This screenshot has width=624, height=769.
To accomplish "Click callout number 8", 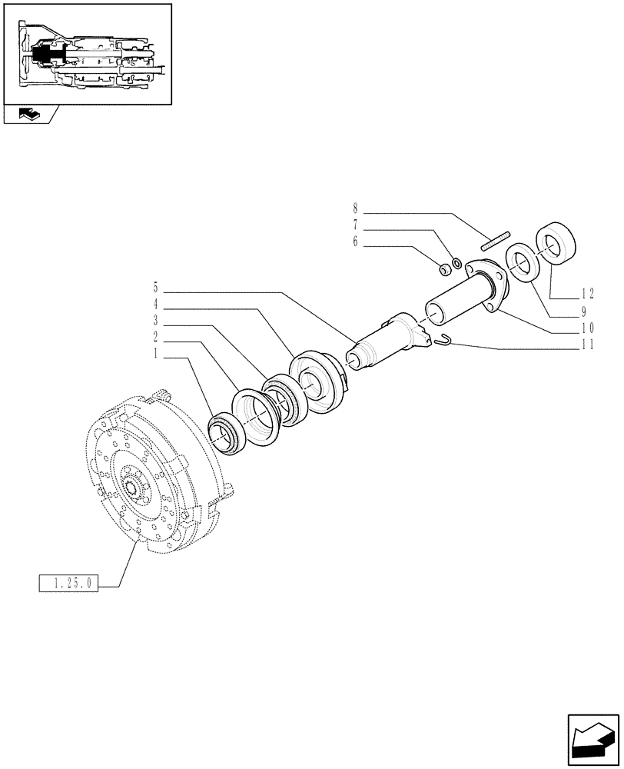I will pyautogui.click(x=355, y=209).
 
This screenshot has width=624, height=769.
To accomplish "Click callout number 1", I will pyautogui.click(x=155, y=355).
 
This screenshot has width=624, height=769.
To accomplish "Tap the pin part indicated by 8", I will pyautogui.click(x=491, y=241).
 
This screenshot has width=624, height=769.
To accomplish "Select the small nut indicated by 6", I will pyautogui.click(x=444, y=270).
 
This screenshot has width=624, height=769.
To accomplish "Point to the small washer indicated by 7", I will pyautogui.click(x=458, y=265).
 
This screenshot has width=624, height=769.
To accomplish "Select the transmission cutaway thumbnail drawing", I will pyautogui.click(x=87, y=55).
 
